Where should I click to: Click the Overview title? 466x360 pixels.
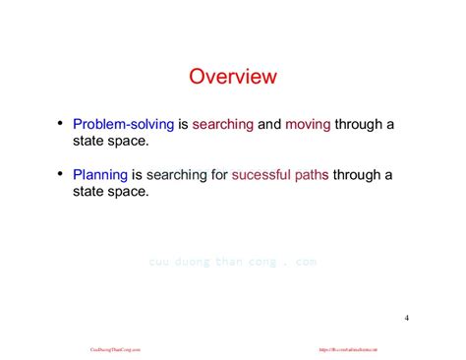[232, 76]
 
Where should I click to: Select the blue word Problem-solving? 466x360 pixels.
[123, 125]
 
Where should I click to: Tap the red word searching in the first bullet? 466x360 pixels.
[223, 125]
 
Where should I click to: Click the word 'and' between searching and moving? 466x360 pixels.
[269, 125]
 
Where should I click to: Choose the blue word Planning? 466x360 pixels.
[100, 175]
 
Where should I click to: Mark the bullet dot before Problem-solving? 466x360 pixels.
[61, 123]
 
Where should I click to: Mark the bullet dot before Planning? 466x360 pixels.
[61, 173]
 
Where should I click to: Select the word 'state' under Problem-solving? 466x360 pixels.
[90, 142]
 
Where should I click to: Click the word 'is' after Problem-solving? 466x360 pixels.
[182, 125]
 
